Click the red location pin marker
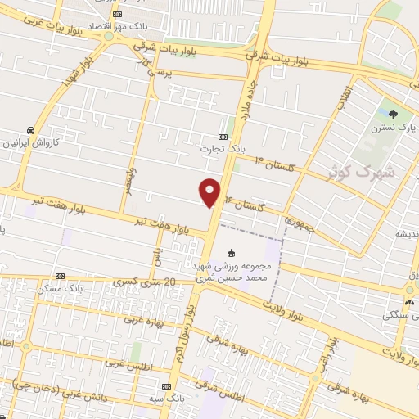click(x=210, y=191)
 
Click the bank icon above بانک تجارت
click(x=223, y=137)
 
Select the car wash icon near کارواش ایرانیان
click(x=30, y=130)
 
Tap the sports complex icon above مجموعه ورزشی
click(x=232, y=252)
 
